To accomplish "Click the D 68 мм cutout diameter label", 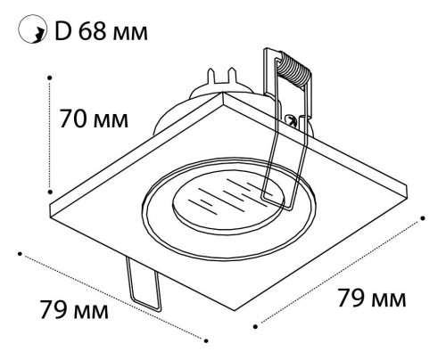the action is (x=101, y=31).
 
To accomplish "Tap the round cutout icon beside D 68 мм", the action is (x=32, y=29).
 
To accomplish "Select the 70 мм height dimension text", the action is (x=94, y=119).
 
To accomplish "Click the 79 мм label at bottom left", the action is (x=74, y=309).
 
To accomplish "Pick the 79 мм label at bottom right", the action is (x=372, y=298).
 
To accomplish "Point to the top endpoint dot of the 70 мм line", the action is (x=50, y=78).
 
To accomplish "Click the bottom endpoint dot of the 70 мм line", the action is (x=50, y=192).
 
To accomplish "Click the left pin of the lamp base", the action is (x=211, y=76).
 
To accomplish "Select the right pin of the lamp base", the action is (x=232, y=76).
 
